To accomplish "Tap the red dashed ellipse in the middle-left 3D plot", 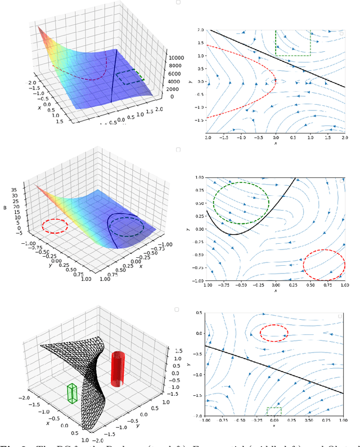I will (55, 226).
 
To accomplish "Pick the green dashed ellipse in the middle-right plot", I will (241, 202).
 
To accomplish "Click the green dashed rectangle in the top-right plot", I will (293, 43).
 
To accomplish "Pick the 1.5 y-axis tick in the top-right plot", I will (200, 43).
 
